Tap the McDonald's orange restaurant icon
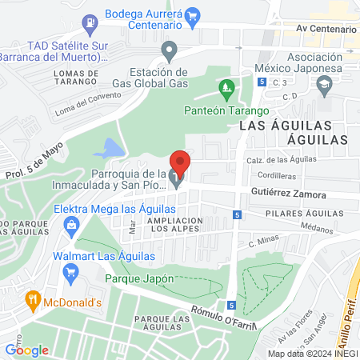(x=33, y=302)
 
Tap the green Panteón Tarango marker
(x=227, y=86)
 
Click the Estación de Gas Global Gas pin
(x=169, y=52)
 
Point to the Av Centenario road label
(x=326, y=29)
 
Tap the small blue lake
(x=110, y=148)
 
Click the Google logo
(x=27, y=350)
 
